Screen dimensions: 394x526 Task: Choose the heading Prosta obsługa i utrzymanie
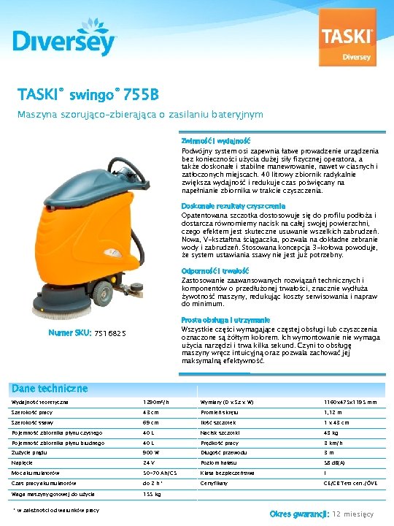225,320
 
